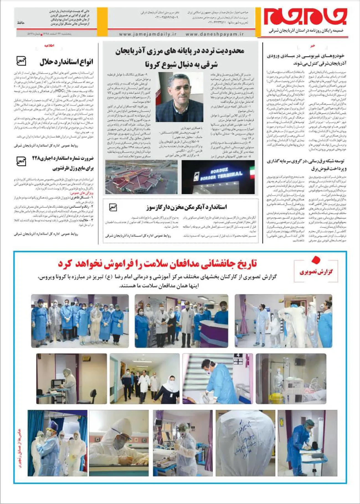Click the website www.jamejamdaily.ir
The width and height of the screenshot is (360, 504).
148,34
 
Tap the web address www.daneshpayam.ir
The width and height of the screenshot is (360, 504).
215,34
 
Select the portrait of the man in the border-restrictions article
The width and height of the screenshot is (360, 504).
179,97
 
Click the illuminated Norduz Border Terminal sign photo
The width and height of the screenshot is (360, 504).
218,177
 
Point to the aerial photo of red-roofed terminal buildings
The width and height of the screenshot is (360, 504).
141,177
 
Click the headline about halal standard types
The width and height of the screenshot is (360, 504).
66,62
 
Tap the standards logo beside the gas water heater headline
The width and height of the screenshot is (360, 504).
113,207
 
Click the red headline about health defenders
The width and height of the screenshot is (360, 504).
157,264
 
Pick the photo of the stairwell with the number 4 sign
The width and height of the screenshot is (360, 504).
217,379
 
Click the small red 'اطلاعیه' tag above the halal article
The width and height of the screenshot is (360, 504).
49,45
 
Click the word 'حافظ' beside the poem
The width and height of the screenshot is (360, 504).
21,23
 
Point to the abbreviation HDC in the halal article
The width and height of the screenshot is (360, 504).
60,91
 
